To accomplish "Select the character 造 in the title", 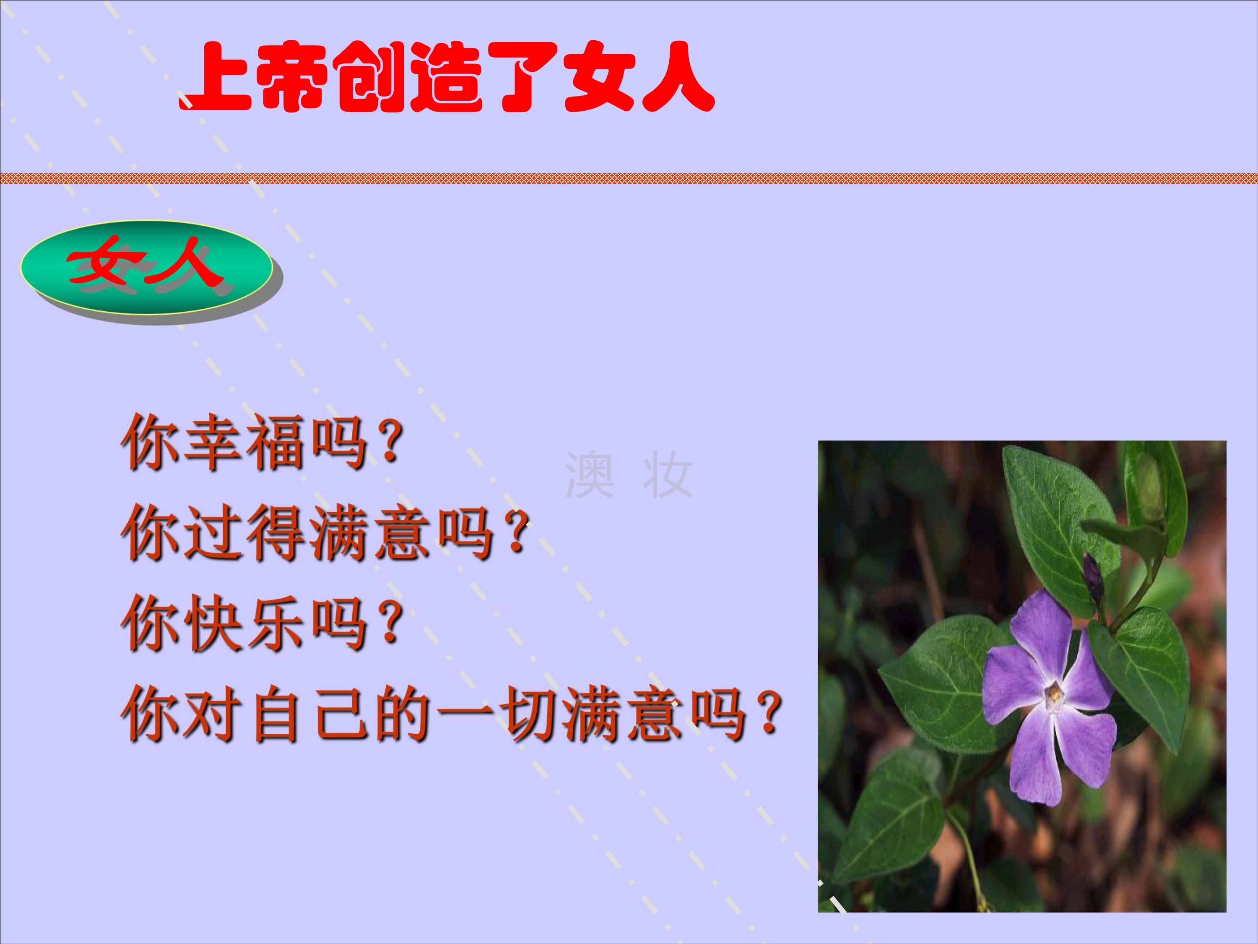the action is [x=447, y=77].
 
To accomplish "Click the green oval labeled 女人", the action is [x=147, y=267].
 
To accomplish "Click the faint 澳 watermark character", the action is [x=590, y=474].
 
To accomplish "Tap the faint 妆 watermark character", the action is [x=667, y=474].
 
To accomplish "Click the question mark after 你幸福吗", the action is [x=391, y=443].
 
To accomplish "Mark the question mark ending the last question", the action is [x=769, y=713].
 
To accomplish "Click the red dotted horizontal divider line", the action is [x=629, y=178].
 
